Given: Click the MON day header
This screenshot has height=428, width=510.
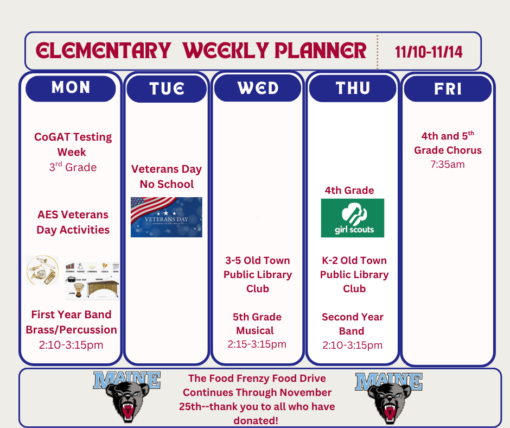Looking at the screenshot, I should pos(71,88).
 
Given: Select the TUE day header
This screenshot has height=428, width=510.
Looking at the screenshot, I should pos(167,89).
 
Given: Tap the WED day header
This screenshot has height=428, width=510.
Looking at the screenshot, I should pos(258,88).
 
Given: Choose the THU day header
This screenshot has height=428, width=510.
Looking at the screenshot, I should pos(353,88).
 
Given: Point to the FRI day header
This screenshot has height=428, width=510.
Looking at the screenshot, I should pos(448,89).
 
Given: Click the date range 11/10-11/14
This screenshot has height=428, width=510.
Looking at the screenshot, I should pos(429,52).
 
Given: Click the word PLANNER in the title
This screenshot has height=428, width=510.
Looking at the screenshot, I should pos(321,51).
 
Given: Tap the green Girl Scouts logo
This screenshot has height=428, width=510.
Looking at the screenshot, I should pos(353,218).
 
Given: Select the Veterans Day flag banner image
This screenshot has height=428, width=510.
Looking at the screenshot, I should pos(167,217).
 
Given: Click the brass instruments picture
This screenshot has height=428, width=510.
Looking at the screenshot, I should pos(42,270).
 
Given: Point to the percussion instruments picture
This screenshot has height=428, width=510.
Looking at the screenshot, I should pos(92,280).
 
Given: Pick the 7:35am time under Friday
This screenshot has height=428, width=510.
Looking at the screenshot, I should pos(448,164).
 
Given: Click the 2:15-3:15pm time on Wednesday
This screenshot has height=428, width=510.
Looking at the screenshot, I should pos(257,344).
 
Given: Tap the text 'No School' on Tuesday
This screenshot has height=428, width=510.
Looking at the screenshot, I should pos(167,184).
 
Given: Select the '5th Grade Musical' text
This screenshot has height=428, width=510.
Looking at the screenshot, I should pos(257,324).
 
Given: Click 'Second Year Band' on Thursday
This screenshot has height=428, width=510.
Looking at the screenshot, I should pos(353,324).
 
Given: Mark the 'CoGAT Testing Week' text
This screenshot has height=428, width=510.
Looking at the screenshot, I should pos(73,144).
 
